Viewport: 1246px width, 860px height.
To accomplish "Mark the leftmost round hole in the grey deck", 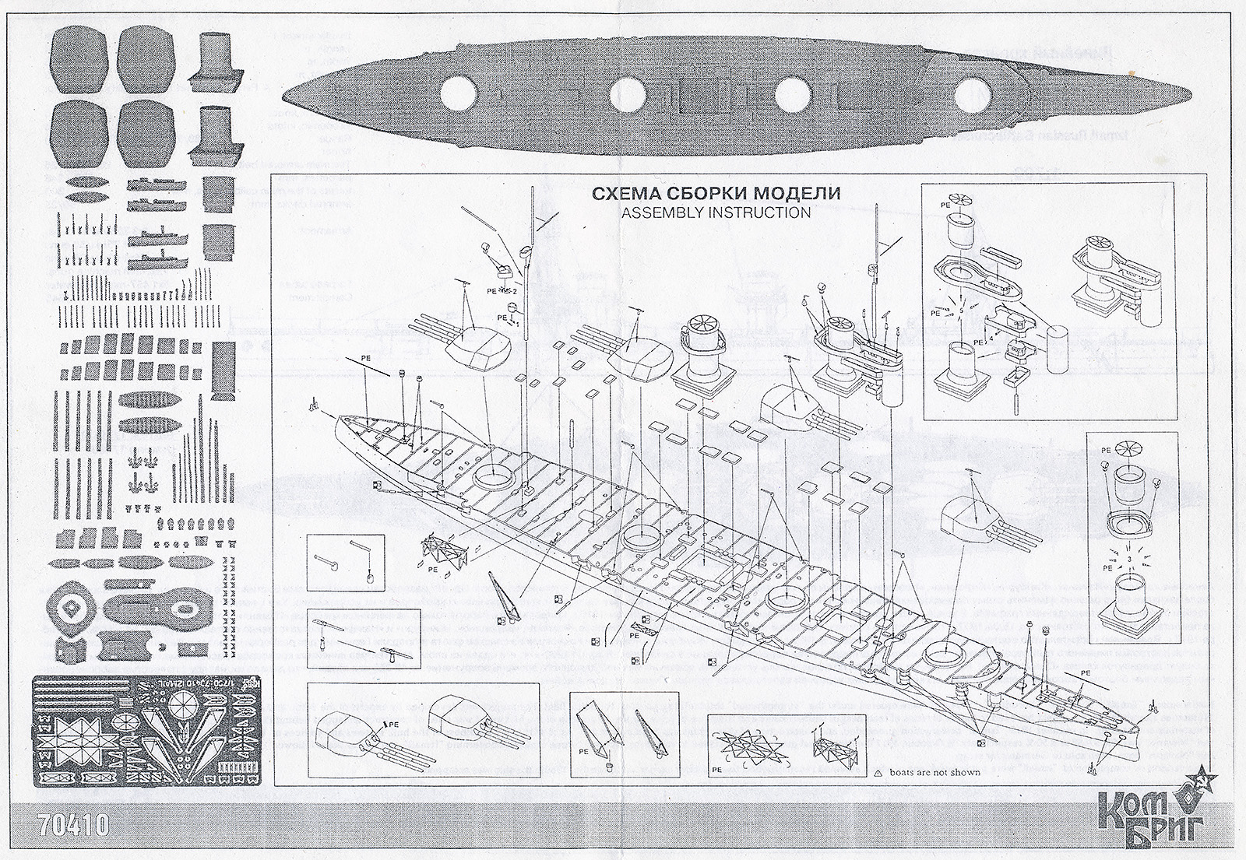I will pyautogui.click(x=458, y=97).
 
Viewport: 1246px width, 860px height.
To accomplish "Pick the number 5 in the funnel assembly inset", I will pyautogui.click(x=963, y=309).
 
